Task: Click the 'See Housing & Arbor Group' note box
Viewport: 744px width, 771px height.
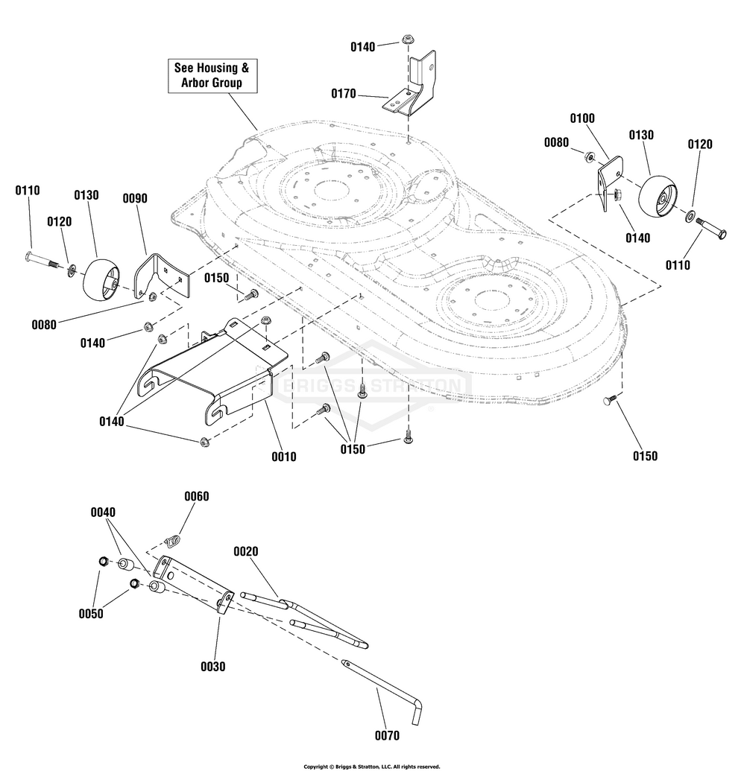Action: click(x=212, y=75)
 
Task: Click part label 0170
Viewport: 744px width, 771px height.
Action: click(x=344, y=93)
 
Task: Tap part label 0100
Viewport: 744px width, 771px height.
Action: click(x=582, y=118)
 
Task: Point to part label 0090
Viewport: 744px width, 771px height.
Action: click(x=135, y=198)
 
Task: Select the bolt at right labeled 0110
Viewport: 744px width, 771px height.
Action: click(x=710, y=229)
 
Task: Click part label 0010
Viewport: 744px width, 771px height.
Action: click(x=284, y=457)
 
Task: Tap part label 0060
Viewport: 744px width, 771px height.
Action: click(x=196, y=496)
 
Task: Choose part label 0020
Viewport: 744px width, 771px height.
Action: click(x=245, y=551)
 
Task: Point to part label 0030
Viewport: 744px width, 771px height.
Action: click(x=212, y=667)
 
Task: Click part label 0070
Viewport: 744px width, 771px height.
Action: click(x=387, y=735)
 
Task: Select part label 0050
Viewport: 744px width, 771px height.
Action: click(x=91, y=614)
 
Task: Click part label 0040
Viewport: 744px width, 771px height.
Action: click(x=103, y=512)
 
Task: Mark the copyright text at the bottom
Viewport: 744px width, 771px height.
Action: click(x=371, y=767)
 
